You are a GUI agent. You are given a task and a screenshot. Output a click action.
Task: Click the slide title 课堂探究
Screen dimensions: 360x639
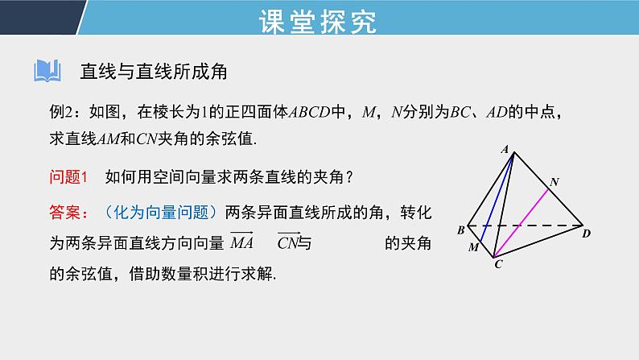[319, 22]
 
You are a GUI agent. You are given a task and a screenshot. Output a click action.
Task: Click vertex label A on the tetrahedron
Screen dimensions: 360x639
[505, 148]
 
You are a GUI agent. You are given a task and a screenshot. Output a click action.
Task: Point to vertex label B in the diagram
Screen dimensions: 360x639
[460, 230]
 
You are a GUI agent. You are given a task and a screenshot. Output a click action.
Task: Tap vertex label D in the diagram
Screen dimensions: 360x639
[587, 234]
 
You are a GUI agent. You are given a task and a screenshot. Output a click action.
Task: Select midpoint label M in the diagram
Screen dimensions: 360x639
[473, 247]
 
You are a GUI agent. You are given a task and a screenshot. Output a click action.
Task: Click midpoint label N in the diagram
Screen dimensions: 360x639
[553, 183]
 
